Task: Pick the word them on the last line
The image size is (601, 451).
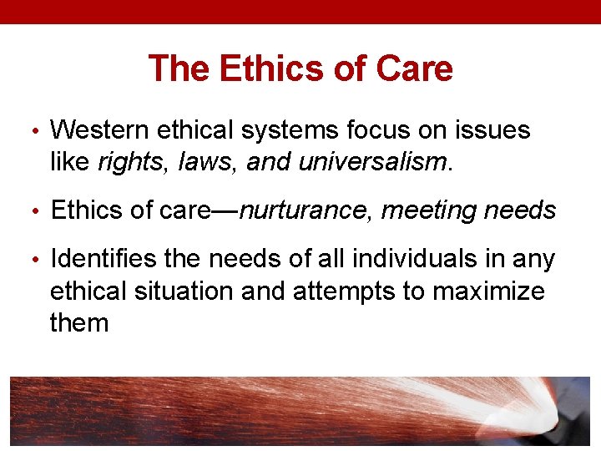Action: click(79, 322)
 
